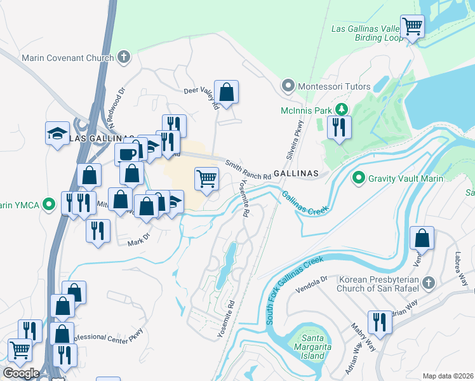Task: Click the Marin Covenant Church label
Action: (67, 58)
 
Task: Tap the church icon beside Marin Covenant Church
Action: (124, 58)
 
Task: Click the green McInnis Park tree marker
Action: (342, 110)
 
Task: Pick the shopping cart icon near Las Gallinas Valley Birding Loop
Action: (413, 27)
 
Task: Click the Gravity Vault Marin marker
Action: (358, 177)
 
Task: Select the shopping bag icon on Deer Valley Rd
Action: (226, 92)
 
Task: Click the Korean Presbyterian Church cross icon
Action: (429, 281)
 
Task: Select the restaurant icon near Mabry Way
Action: (380, 322)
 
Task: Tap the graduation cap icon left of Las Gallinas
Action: (57, 133)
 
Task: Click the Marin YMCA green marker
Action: (51, 204)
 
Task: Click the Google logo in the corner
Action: (21, 373)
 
